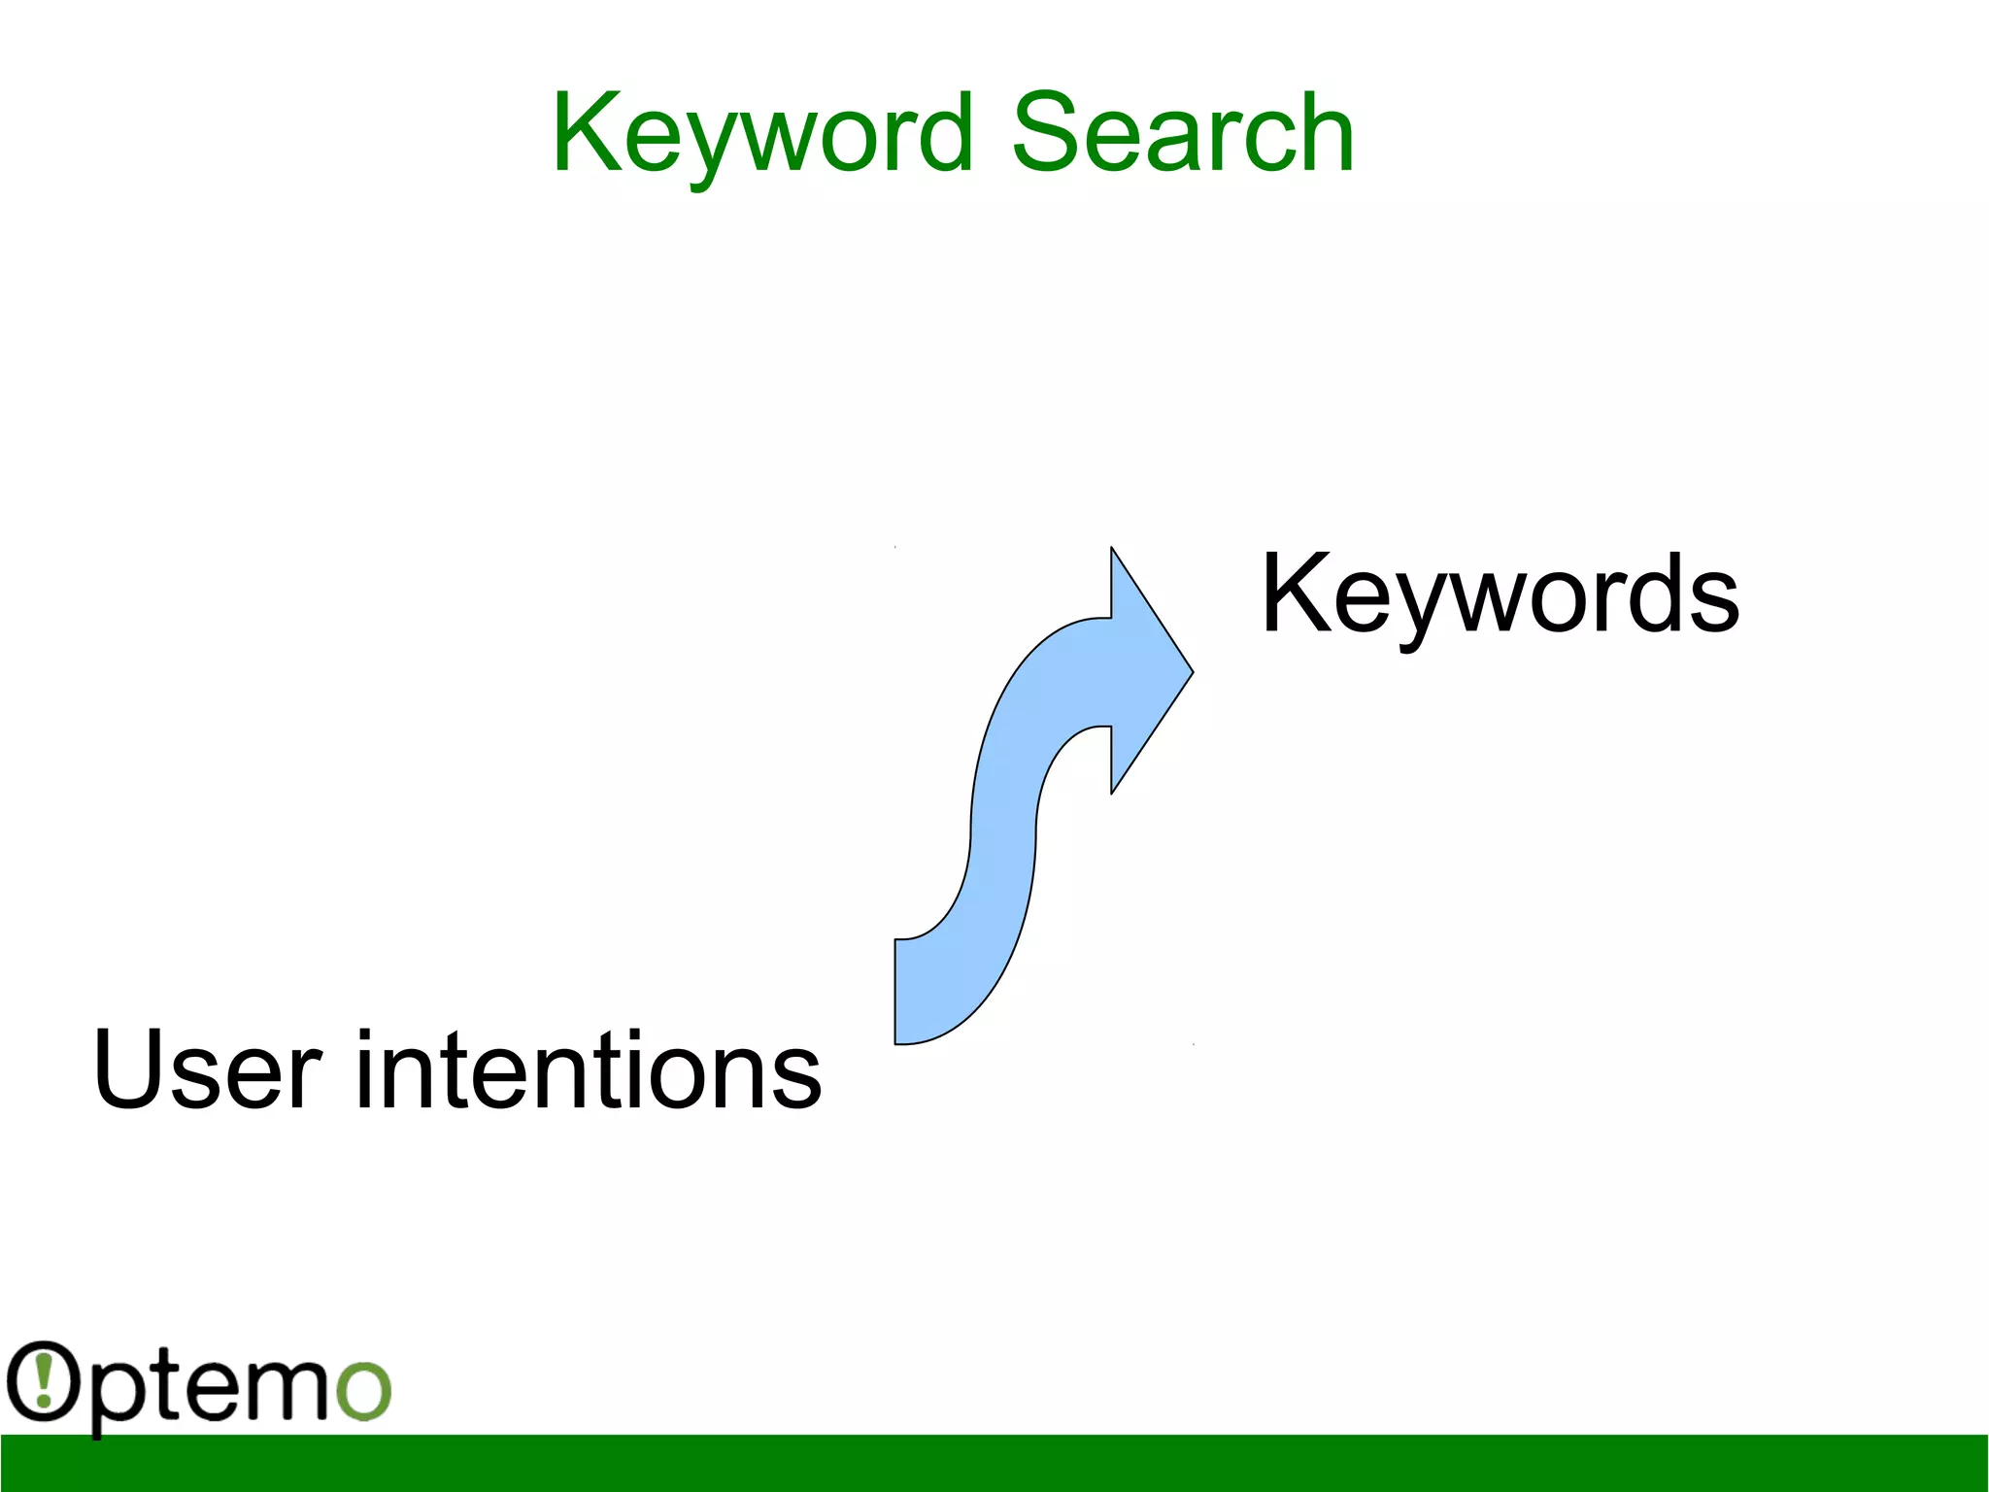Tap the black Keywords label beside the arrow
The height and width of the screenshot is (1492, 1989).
(x=1500, y=593)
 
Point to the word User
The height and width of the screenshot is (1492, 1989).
(x=207, y=1069)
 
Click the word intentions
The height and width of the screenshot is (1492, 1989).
(x=589, y=1069)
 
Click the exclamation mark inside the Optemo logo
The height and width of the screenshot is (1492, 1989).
(x=43, y=1379)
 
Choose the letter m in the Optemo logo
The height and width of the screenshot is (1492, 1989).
(x=285, y=1387)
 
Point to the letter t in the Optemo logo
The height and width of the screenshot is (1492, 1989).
(x=173, y=1384)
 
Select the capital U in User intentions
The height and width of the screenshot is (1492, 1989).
(x=126, y=1069)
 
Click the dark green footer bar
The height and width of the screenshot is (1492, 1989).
(x=994, y=1463)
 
